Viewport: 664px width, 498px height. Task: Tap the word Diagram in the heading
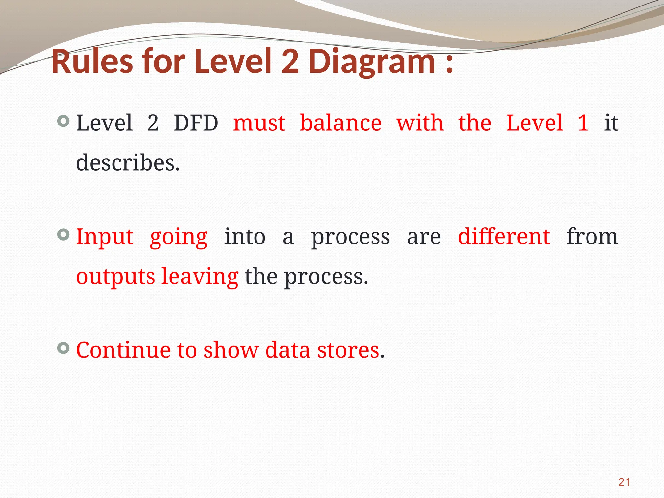click(372, 62)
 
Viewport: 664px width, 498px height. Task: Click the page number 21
click(624, 482)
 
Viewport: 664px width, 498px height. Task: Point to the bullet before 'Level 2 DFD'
click(64, 122)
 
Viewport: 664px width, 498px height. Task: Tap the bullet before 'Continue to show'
click(64, 348)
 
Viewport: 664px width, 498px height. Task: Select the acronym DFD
click(196, 123)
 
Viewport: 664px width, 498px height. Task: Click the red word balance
click(340, 123)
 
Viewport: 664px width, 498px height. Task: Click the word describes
click(128, 162)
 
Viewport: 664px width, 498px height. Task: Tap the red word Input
click(104, 237)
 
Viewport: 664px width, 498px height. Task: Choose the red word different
click(504, 236)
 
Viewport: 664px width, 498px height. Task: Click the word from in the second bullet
click(592, 236)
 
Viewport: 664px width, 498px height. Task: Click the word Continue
click(123, 350)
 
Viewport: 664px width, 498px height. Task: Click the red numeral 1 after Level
click(583, 123)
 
